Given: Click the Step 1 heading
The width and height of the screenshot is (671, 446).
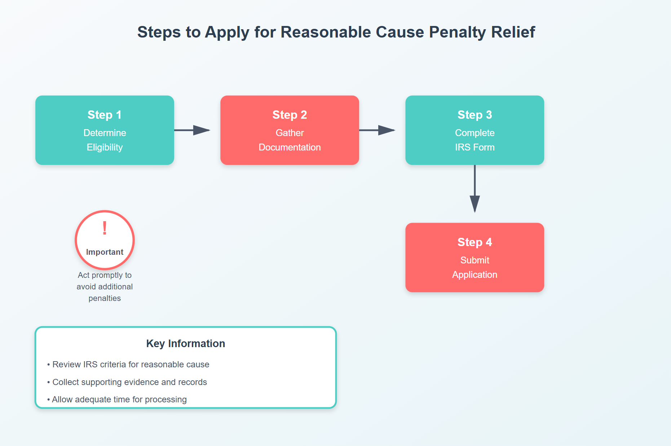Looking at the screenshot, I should tap(105, 115).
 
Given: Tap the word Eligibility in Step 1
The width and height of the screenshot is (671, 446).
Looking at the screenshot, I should tap(105, 147).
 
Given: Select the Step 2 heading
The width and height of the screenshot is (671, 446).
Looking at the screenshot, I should tap(290, 115).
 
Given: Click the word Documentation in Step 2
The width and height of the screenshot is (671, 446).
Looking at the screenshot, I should tap(290, 147).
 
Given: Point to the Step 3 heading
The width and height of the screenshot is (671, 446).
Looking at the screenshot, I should tap(474, 115).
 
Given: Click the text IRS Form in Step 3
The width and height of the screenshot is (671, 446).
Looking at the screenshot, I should tap(474, 147).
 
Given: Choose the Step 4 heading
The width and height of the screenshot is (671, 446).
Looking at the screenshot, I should tap(474, 242).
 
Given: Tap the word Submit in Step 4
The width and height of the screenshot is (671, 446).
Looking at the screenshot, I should tap(474, 260).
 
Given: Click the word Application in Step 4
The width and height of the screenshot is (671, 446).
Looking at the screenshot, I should tap(474, 275).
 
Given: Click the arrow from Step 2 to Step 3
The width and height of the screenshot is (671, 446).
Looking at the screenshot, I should tap(378, 130).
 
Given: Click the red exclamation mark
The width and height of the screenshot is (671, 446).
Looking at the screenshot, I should tap(105, 228).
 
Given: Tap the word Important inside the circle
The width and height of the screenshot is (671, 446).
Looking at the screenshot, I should tap(105, 252).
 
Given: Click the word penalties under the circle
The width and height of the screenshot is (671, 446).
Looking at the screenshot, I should tap(105, 298).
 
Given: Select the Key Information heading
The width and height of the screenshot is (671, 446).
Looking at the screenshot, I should tap(185, 344).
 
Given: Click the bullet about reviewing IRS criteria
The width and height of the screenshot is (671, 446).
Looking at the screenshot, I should tap(128, 364).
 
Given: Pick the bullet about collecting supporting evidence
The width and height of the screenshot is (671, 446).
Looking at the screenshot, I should tap(127, 382).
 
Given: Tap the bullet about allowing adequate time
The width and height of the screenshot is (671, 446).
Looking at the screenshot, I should tap(117, 399).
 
